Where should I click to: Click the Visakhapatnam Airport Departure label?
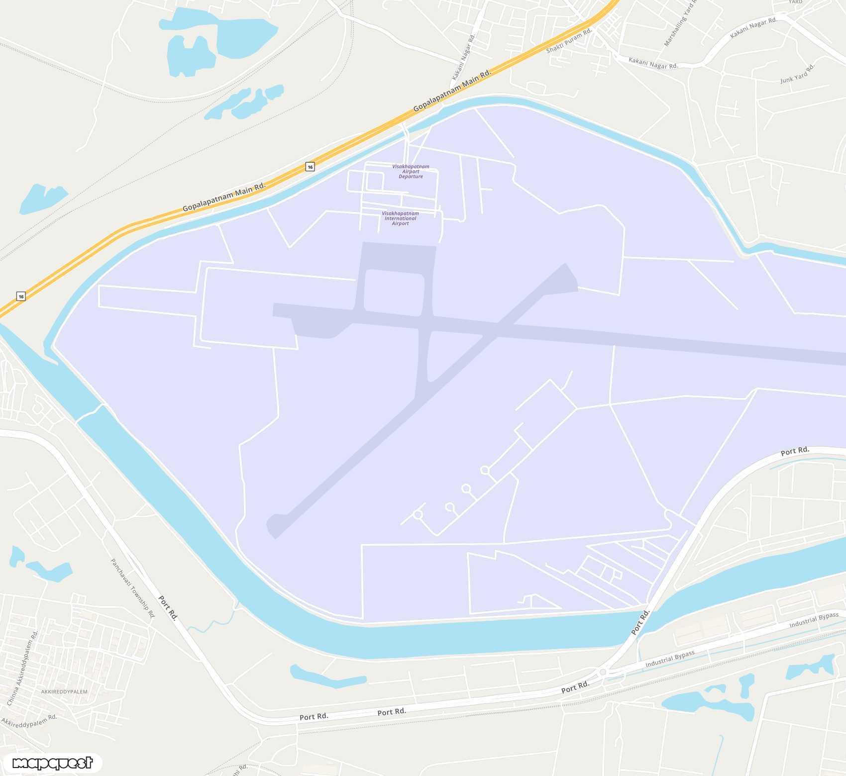[x=411, y=172]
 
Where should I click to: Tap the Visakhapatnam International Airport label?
[x=400, y=218]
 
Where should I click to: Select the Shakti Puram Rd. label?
[x=569, y=41]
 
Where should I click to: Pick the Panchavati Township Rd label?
[x=132, y=588]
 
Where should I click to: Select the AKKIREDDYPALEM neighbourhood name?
[x=64, y=691]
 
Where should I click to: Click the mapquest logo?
[x=52, y=763]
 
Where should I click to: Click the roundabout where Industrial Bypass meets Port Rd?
[x=603, y=672]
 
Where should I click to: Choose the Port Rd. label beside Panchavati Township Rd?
[x=168, y=607]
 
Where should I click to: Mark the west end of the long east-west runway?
[x=275, y=309]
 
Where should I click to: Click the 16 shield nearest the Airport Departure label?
[x=310, y=167]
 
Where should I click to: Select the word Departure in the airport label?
[x=411, y=177]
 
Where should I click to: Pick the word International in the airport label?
[x=400, y=218]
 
